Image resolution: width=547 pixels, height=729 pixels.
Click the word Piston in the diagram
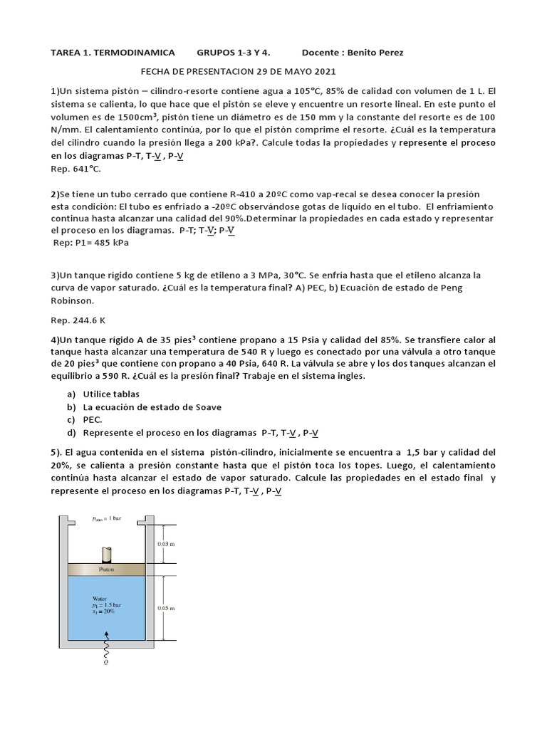tap(106, 570)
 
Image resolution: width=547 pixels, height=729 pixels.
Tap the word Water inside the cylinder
tap(100, 598)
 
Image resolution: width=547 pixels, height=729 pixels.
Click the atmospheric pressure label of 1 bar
tap(106, 518)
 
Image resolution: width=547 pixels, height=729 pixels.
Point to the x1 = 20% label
tap(104, 612)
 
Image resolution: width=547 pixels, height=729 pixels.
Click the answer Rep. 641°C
tap(75, 169)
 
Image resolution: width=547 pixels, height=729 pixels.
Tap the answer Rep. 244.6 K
tap(77, 320)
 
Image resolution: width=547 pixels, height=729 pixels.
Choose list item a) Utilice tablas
tap(110, 394)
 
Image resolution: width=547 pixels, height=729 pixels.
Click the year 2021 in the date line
tap(321, 72)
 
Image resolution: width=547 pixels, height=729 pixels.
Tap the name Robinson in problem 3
tap(74, 300)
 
